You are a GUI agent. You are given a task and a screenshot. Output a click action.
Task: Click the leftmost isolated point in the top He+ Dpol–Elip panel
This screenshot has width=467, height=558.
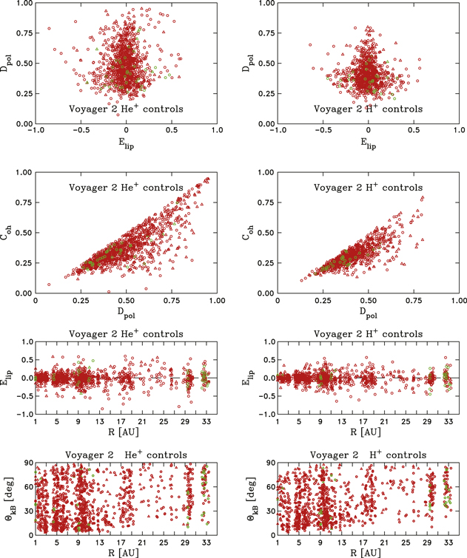click(x=50, y=29)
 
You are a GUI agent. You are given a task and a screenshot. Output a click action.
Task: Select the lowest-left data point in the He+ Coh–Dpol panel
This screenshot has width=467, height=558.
click(x=50, y=285)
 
